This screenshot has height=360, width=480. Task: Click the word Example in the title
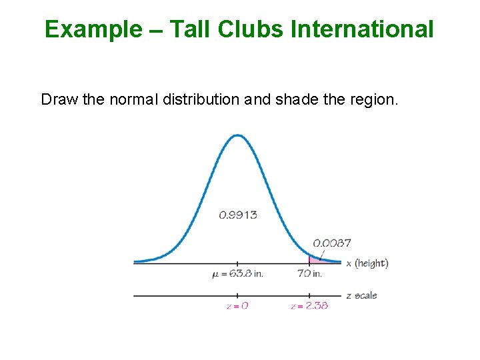(x=93, y=29)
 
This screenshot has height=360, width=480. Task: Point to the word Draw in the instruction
(x=59, y=100)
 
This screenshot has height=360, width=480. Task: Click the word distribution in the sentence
(x=201, y=100)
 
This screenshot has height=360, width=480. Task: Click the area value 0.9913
(x=238, y=215)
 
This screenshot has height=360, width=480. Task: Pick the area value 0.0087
(x=332, y=243)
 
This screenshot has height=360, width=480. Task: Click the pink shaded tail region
(x=315, y=259)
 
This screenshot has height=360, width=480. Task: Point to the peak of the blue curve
(x=238, y=136)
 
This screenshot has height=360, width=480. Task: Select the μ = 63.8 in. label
(x=237, y=273)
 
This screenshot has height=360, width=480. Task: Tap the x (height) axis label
(x=367, y=263)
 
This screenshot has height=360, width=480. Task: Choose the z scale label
(x=361, y=295)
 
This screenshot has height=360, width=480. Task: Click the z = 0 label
(x=237, y=306)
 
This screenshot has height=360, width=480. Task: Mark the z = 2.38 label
(x=309, y=306)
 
